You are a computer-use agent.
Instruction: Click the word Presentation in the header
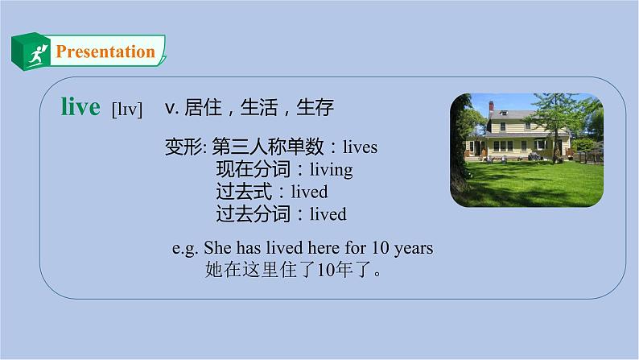(x=105, y=52)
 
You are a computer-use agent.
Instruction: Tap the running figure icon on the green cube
(x=34, y=56)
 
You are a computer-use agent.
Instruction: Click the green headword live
(x=80, y=107)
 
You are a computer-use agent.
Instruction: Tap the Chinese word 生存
(x=315, y=107)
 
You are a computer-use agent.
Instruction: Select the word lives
(x=360, y=147)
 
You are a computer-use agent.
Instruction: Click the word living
(x=325, y=170)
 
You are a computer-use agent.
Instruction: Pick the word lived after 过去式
(x=308, y=192)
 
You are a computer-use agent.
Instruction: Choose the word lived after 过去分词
(x=327, y=214)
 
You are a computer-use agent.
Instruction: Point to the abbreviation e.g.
(x=186, y=248)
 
